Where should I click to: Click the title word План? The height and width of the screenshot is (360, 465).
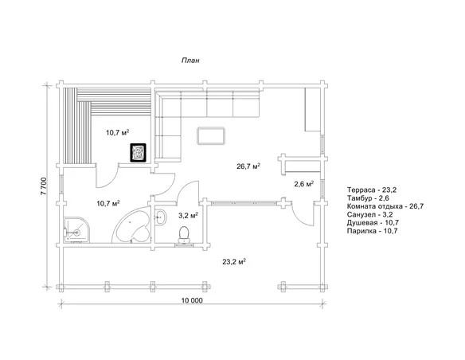[190, 61]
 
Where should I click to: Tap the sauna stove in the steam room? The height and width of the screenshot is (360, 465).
[139, 152]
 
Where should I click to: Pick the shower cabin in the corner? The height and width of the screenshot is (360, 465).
[76, 229]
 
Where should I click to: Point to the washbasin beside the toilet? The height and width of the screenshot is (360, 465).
[160, 217]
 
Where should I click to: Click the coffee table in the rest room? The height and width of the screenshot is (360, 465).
[211, 136]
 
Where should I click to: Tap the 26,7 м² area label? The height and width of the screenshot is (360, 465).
[248, 166]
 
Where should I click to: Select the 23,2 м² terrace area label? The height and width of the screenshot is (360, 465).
[234, 261]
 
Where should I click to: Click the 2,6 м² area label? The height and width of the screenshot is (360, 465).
[304, 184]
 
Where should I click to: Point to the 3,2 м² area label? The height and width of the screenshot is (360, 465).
[189, 216]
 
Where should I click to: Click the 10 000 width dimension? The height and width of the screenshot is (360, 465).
[192, 300]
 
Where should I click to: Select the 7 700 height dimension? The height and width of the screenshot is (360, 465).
[44, 186]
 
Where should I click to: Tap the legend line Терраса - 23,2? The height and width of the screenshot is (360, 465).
[372, 190]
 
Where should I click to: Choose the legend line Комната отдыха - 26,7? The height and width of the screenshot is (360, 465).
[385, 206]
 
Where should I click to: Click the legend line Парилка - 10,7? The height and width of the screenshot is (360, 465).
[372, 231]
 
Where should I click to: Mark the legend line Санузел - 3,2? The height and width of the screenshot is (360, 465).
[369, 214]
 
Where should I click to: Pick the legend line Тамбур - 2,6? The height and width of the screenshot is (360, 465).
[368, 198]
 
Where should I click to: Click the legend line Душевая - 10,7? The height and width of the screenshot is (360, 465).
[373, 222]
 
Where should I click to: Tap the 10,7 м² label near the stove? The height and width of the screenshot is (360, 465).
[117, 132]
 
